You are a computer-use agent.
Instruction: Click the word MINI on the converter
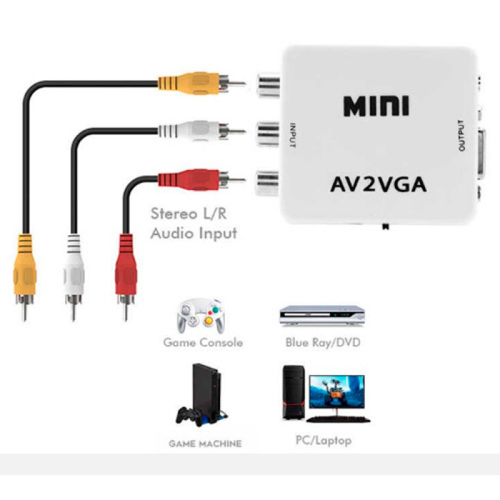[x=376, y=106]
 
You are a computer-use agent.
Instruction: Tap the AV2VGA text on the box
[x=378, y=185]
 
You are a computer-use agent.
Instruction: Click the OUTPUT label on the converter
[x=462, y=135]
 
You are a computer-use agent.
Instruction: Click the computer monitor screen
[x=339, y=392]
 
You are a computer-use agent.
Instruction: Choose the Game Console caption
[x=202, y=343]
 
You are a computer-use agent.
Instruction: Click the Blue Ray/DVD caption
[x=322, y=343]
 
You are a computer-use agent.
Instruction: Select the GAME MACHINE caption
[x=205, y=444]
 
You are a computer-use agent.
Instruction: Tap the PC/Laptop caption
[x=323, y=441]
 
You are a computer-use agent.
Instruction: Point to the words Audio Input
[x=194, y=234]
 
